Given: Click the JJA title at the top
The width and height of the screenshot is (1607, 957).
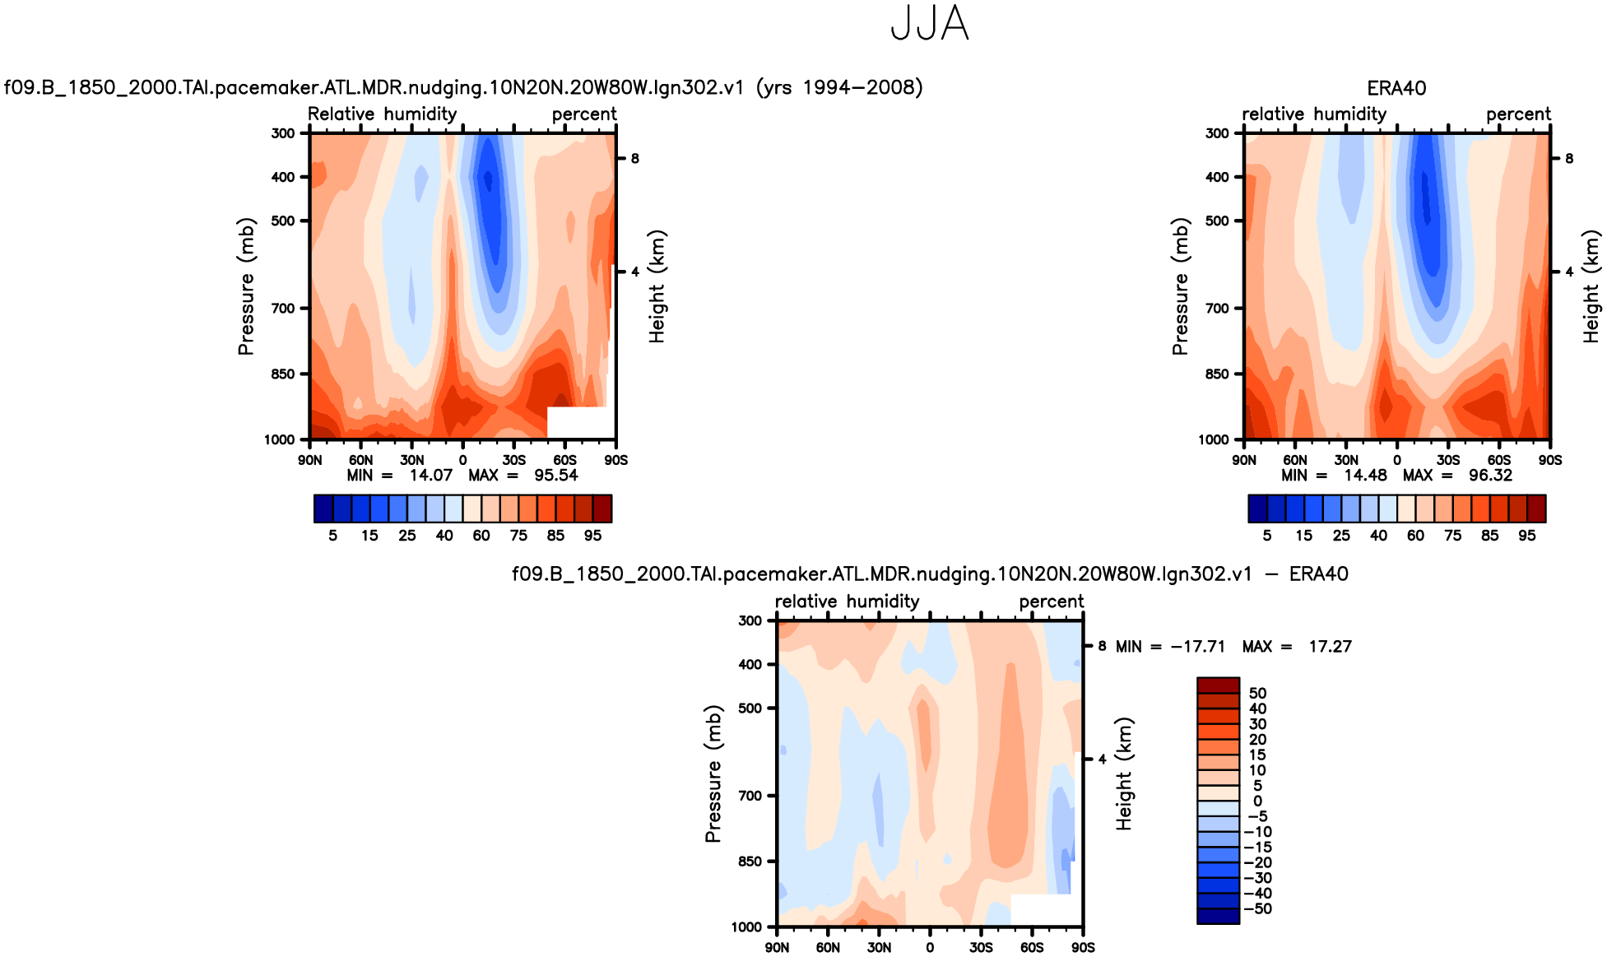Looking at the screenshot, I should [x=930, y=24].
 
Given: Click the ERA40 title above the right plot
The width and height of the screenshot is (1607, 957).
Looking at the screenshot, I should [x=1396, y=88].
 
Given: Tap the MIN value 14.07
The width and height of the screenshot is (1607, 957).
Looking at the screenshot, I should [x=431, y=476].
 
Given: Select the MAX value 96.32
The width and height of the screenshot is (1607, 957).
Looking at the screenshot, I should [x=1490, y=476].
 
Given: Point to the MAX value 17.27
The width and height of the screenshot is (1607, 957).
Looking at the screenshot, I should [x=1330, y=647].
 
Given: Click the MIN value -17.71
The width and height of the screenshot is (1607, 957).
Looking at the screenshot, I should [x=1197, y=647].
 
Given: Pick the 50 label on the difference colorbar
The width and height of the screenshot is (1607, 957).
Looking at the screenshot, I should [x=1257, y=693].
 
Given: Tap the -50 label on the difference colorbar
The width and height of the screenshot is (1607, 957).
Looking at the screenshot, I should [x=1257, y=908].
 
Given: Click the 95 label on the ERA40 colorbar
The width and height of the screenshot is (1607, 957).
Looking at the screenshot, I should [x=1527, y=536].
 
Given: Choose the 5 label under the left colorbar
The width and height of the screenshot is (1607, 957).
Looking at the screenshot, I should [x=333, y=536].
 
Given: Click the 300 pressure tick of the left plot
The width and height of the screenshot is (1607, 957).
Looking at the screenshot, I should [x=283, y=133].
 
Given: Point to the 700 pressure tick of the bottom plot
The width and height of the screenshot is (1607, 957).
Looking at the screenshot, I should [x=750, y=796].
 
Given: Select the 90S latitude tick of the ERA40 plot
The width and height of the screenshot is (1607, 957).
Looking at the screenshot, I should [x=1550, y=460].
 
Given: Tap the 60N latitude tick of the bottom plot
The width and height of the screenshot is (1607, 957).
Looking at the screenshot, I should [x=828, y=948].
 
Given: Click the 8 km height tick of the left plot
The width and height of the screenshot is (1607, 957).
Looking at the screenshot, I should [x=635, y=159].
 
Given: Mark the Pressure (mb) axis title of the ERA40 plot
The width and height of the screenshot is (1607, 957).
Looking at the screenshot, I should [x=1180, y=286].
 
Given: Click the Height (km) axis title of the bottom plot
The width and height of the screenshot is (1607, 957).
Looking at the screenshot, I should [x=1124, y=773].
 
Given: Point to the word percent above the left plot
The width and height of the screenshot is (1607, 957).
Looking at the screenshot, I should [x=584, y=114].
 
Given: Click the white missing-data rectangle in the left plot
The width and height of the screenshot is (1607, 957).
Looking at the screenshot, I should [x=578, y=422].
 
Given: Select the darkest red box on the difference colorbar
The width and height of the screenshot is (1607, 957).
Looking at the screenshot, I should [x=1218, y=685].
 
